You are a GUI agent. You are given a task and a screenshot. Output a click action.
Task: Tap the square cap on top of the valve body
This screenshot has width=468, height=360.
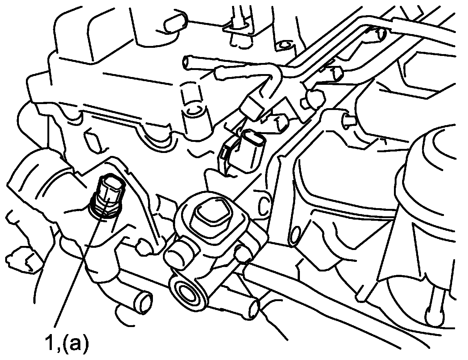pyautogui.click(x=209, y=213)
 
